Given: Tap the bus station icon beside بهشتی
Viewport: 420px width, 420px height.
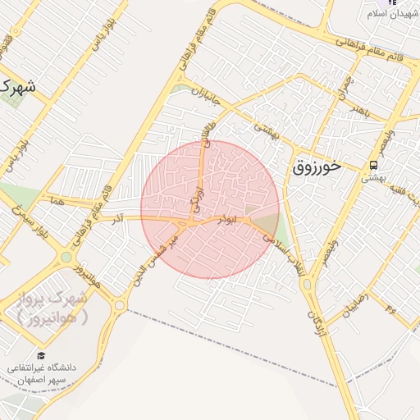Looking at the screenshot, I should (x=374, y=166).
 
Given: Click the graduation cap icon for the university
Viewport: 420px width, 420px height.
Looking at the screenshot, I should (x=40, y=356).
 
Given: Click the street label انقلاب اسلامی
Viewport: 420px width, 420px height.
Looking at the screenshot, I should (x=280, y=251).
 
